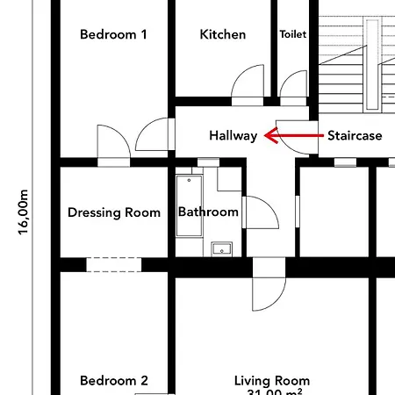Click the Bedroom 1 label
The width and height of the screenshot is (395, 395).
coord(113,35)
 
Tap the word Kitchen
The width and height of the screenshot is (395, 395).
coord(223,35)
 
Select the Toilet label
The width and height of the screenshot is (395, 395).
coord(292,35)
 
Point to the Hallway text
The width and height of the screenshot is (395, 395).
coord(233,136)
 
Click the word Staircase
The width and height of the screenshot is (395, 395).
coord(355,136)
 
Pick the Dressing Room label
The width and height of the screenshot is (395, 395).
coord(114,212)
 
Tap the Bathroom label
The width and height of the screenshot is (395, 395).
coord(208,212)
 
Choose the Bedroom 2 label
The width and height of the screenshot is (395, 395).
coord(113,381)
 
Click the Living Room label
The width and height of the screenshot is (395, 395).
coord(272,381)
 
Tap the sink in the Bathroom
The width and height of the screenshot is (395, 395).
coord(219,248)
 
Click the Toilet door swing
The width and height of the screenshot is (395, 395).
coord(293,84)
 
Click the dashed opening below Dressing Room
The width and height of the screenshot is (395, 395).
coord(113,264)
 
